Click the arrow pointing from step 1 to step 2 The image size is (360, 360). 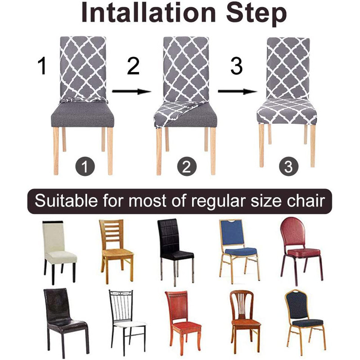pyautogui.click(x=130, y=91)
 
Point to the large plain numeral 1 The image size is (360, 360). pyautogui.click(x=42, y=66)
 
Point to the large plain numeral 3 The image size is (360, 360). pyautogui.click(x=236, y=66)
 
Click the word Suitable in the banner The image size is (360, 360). pyautogui.click(x=62, y=200)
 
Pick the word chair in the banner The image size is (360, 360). pyautogui.click(x=306, y=200)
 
